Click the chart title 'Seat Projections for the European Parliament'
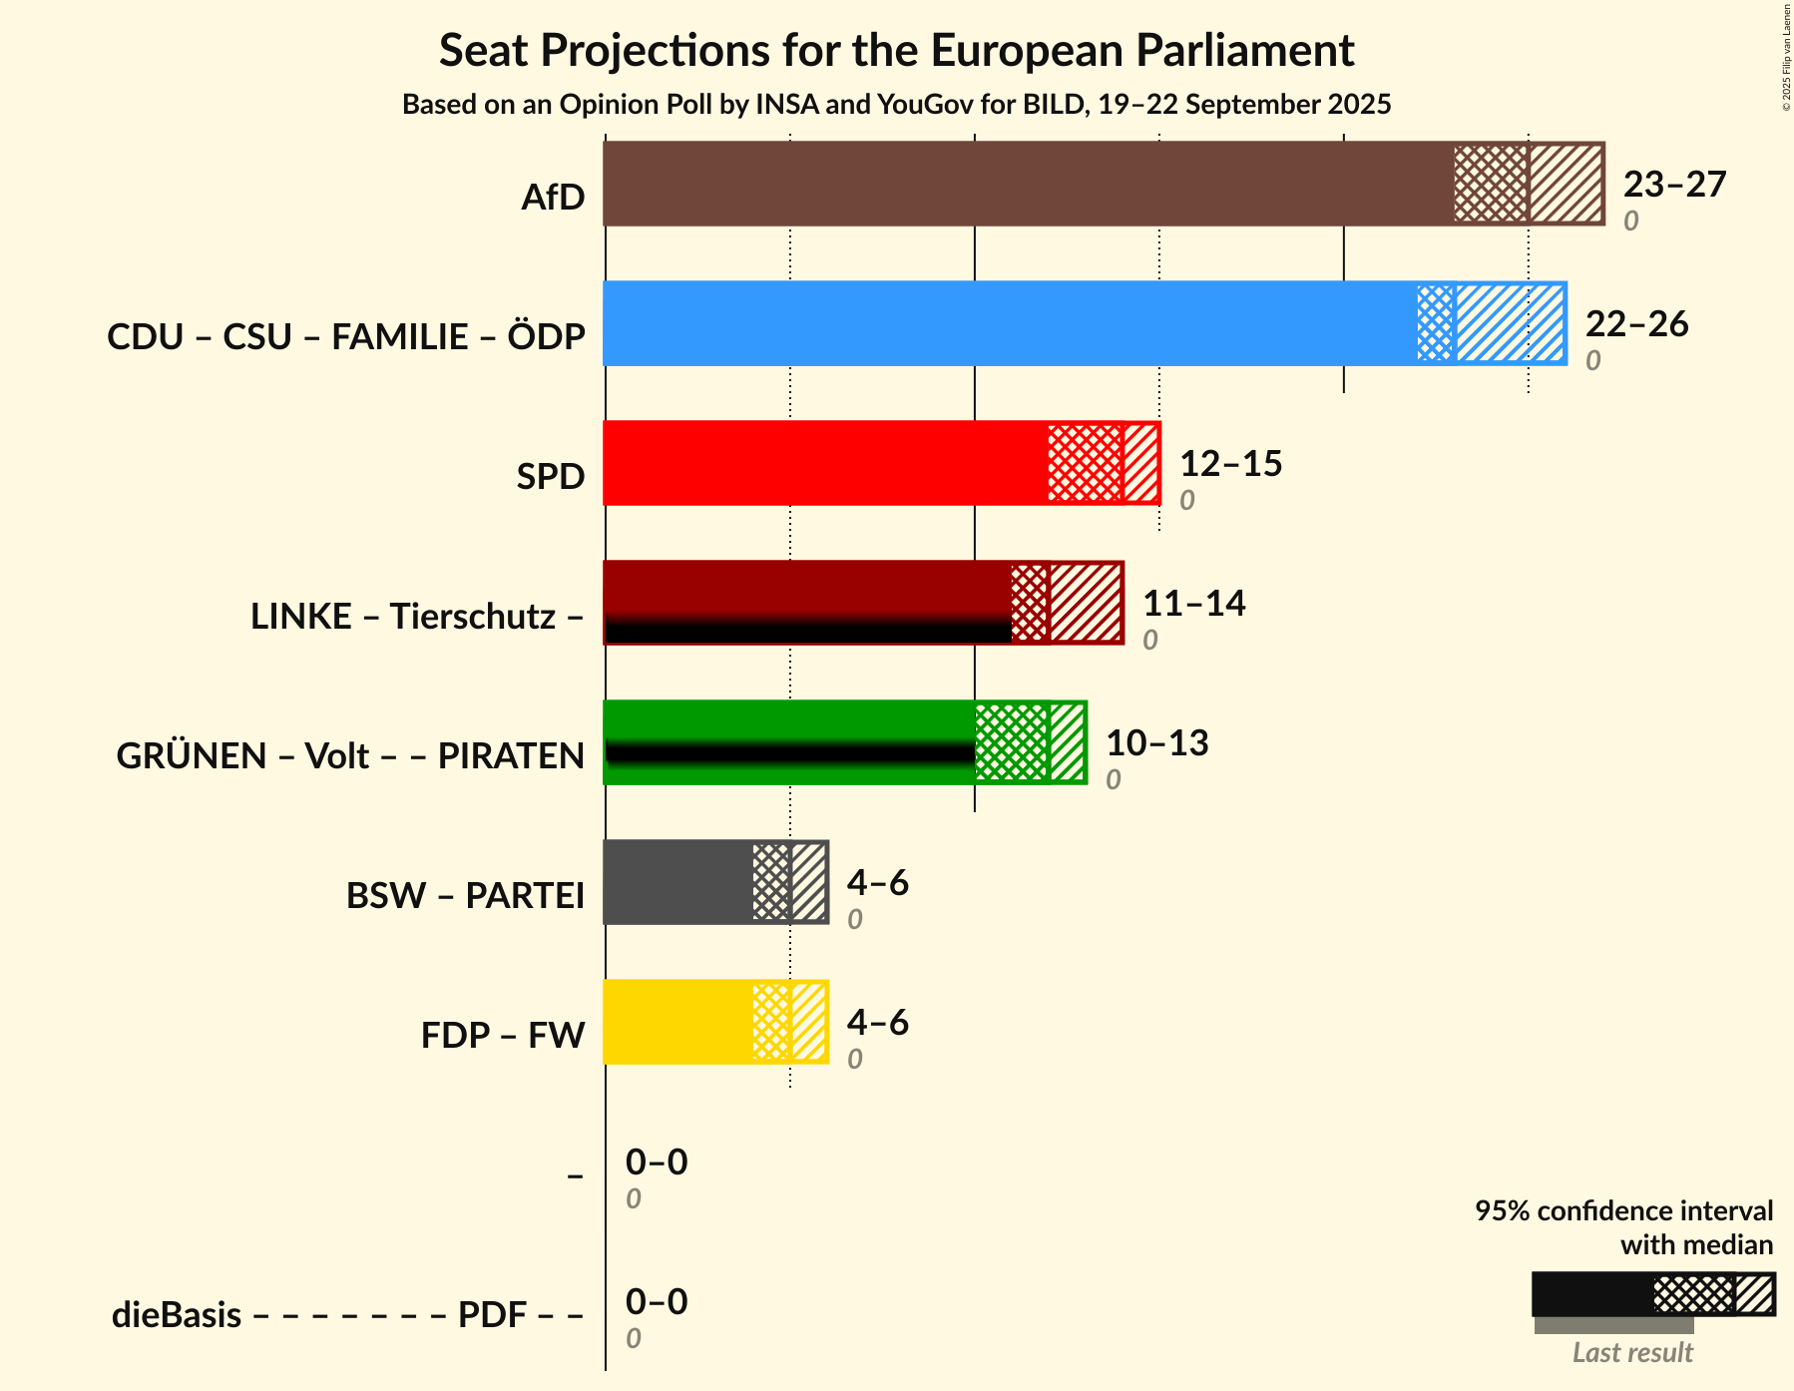coord(896,50)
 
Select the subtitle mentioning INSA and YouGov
coord(896,105)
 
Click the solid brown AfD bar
coord(1028,184)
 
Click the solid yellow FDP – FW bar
coord(677,1022)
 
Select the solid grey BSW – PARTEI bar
coord(677,882)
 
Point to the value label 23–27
coord(1674,185)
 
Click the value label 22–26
coord(1636,324)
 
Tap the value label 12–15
coord(1230,464)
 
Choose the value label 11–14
coord(1193,604)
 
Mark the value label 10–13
coord(1156,743)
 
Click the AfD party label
coord(553,198)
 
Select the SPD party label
coord(550,477)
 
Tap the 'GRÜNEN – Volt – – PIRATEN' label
coord(350,756)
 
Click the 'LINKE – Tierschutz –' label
coord(417,617)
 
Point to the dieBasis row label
coord(346,1315)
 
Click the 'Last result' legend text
coord(1632,1353)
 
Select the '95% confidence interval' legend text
coord(1623,1211)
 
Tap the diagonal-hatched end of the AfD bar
coord(1566,184)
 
